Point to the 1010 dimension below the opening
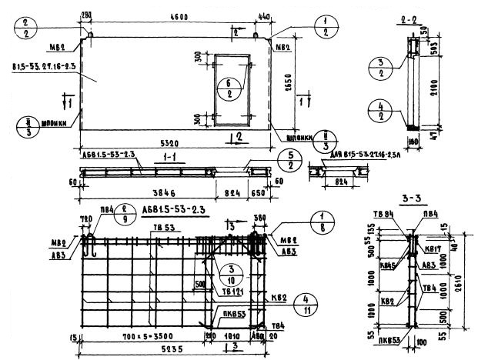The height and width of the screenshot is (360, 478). [231, 336]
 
